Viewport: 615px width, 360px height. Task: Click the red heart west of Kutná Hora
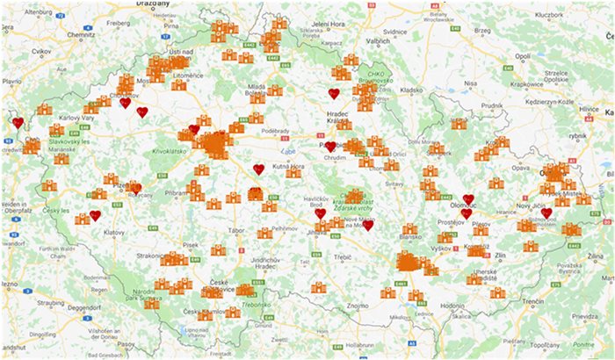coord(258,169)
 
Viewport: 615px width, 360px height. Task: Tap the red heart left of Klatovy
coord(95,216)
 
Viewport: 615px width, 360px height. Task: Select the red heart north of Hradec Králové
coord(334,94)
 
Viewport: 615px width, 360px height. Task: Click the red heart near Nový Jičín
coord(546,213)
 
